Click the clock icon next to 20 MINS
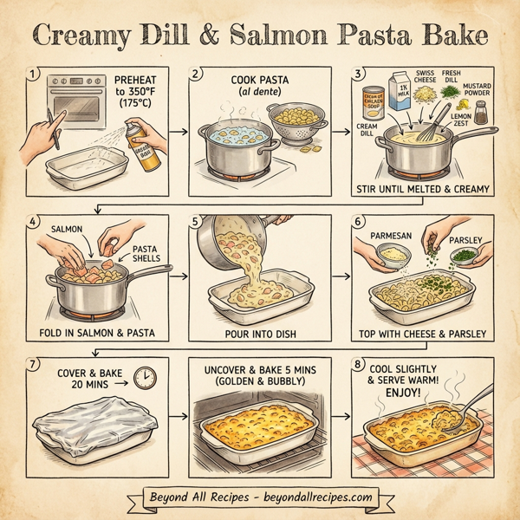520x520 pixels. (146, 377)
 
